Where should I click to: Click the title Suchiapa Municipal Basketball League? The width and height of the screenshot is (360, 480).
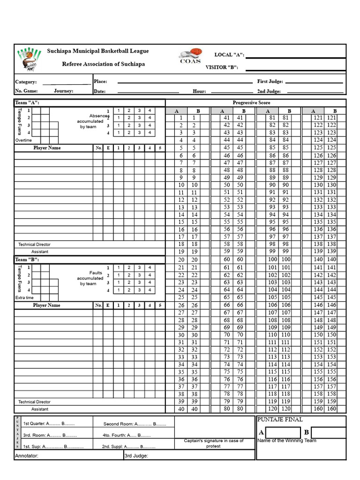point(97,51)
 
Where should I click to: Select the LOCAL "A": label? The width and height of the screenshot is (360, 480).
point(229,55)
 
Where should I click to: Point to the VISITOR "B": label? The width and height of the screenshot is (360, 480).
point(222,67)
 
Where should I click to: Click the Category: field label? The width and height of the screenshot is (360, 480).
point(26,82)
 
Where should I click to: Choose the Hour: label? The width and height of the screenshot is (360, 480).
point(199,91)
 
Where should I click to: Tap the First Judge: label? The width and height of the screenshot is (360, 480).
point(270,82)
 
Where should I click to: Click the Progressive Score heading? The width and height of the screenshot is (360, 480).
point(251,103)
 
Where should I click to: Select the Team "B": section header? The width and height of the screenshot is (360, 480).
point(27,259)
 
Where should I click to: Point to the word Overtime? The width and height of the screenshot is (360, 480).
point(23,140)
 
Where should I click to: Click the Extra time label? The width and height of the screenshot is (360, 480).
point(24,298)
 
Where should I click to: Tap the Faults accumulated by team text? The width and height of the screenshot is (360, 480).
point(90,278)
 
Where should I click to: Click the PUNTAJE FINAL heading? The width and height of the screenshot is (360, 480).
point(280,420)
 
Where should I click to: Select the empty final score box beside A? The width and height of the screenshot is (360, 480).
point(283,432)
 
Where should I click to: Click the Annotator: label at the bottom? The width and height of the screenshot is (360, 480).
point(27,455)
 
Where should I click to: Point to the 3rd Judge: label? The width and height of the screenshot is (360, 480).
point(136,455)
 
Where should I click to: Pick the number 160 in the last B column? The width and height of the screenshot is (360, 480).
point(331,409)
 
